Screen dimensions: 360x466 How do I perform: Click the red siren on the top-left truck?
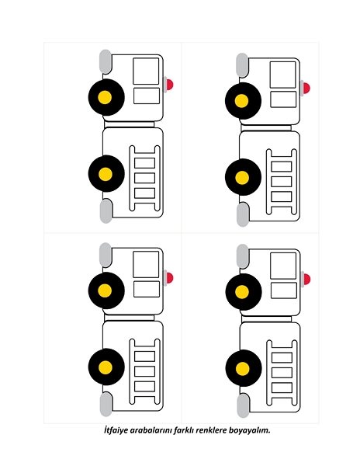click(x=169, y=85)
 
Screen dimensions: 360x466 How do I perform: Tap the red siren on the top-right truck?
click(x=306, y=89)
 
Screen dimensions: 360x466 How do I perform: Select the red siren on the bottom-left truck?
click(x=169, y=278)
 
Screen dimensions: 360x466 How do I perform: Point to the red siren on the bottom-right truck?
click(x=306, y=280)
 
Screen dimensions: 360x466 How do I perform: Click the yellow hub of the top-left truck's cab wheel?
click(x=105, y=98)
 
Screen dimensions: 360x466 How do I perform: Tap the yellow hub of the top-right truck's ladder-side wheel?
click(x=242, y=177)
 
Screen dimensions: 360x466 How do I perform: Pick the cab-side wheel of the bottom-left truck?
click(x=106, y=290)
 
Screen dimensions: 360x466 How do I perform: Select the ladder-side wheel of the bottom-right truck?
click(x=244, y=368)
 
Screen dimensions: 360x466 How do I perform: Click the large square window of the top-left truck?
click(x=146, y=71)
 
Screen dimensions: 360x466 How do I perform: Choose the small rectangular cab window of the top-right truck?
click(x=283, y=99)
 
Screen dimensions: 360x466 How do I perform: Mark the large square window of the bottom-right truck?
click(x=283, y=266)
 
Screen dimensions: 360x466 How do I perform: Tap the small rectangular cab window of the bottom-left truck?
click(x=147, y=289)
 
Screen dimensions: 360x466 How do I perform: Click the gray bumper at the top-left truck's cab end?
click(x=106, y=61)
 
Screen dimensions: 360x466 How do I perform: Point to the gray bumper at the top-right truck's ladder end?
click(x=243, y=214)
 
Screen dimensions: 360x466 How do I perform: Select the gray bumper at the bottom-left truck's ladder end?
click(x=106, y=405)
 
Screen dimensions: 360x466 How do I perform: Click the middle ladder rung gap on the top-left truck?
click(x=144, y=178)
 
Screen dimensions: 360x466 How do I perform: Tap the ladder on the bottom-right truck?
click(x=282, y=373)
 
